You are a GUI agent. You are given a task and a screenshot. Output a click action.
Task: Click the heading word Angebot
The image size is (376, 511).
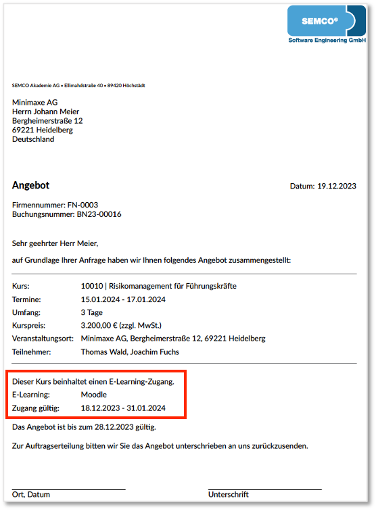point(30,185)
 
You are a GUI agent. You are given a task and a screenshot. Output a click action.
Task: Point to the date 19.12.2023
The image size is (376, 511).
point(337,186)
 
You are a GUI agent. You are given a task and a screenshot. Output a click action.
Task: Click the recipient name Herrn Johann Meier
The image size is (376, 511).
point(45,112)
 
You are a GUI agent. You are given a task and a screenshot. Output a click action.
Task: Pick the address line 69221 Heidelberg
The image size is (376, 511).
point(43,130)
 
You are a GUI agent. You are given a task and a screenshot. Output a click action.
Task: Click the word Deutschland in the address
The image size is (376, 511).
point(33,139)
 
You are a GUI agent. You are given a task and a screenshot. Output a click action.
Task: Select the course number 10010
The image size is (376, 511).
point(91,286)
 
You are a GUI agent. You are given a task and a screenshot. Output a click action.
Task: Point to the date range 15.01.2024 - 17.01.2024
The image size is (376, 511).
point(123,299)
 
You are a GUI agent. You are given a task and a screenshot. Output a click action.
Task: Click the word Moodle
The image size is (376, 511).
point(93,395)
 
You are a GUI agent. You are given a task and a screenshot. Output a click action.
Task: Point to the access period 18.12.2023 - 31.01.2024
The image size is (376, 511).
point(123,408)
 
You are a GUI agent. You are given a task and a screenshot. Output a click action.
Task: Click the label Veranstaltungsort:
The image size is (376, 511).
point(43,339)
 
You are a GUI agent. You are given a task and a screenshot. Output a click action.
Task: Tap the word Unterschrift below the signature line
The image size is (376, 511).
point(229,494)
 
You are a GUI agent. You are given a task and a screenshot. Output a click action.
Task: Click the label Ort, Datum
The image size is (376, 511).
point(31,494)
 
